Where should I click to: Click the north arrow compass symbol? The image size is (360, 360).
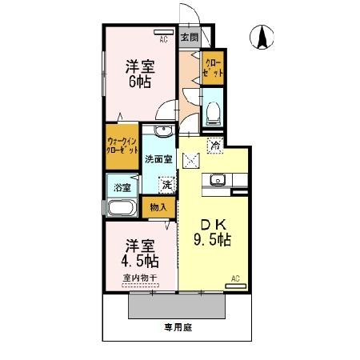[x=262, y=37]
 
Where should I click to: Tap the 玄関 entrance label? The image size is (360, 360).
[x=189, y=38]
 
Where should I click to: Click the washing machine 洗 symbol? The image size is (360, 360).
[x=166, y=184]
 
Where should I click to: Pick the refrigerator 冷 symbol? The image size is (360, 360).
[x=214, y=146]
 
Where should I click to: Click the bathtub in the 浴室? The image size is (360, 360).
[x=122, y=210]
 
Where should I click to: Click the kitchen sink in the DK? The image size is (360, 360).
[x=216, y=182]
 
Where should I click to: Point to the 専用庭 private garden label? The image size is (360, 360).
[x=178, y=326]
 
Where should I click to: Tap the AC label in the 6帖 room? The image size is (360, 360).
[x=163, y=38]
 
